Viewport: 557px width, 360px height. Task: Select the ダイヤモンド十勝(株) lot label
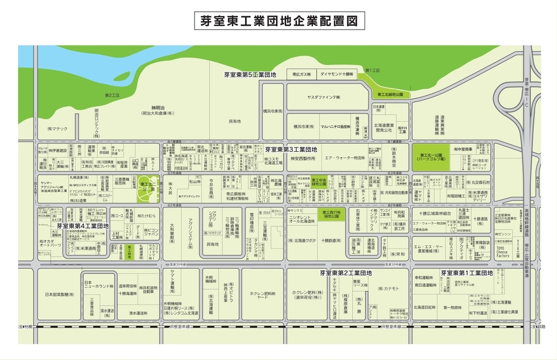pyautogui.click(x=337, y=74)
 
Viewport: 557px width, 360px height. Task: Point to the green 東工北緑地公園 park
pyautogui.click(x=390, y=94)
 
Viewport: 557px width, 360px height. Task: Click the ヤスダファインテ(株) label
pyautogui.click(x=323, y=97)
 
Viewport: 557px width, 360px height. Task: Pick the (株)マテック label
pyautogui.click(x=57, y=129)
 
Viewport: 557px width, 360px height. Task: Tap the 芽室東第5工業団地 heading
pyautogui.click(x=250, y=75)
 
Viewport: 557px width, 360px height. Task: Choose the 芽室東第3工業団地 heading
pyautogui.click(x=292, y=149)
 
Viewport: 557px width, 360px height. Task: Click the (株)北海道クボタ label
pyautogui.click(x=302, y=240)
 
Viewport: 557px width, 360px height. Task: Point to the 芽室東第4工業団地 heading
pyautogui.click(x=83, y=226)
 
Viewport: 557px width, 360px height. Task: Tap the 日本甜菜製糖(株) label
pyautogui.click(x=60, y=295)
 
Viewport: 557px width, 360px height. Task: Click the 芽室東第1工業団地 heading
pyautogui.click(x=466, y=273)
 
